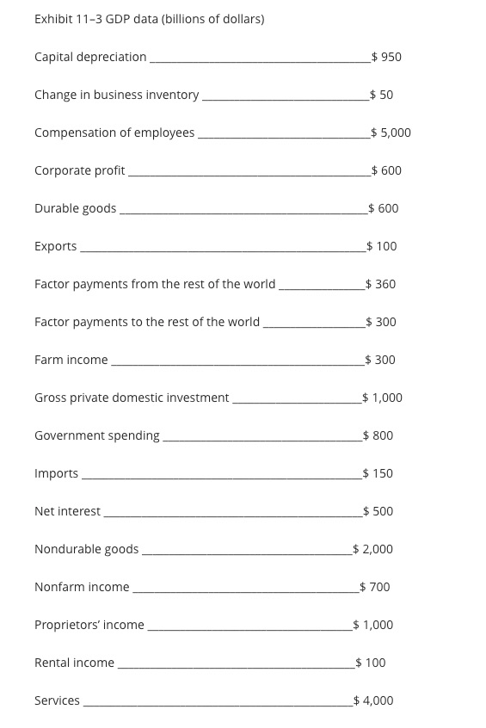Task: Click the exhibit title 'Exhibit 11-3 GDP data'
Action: click(x=149, y=19)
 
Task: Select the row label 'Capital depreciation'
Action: click(x=90, y=57)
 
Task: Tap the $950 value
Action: click(x=386, y=57)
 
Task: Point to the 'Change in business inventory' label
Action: click(x=116, y=95)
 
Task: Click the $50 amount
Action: click(x=381, y=95)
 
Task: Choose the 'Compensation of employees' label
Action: click(x=114, y=133)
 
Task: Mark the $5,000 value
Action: click(x=391, y=133)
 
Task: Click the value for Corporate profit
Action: click(x=386, y=170)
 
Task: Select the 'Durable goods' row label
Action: click(x=75, y=208)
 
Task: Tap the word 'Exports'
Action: click(x=55, y=246)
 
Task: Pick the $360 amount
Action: click(x=380, y=284)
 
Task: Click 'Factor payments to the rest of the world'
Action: click(x=146, y=322)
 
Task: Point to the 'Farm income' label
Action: click(x=71, y=360)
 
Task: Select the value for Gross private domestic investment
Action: click(x=383, y=398)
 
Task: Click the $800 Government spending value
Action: click(x=378, y=435)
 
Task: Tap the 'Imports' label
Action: click(x=56, y=473)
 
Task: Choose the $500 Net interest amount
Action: click(x=378, y=511)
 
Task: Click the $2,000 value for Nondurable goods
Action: click(x=373, y=549)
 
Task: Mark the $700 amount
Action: click(x=375, y=587)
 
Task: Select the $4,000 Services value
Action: click(x=373, y=700)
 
